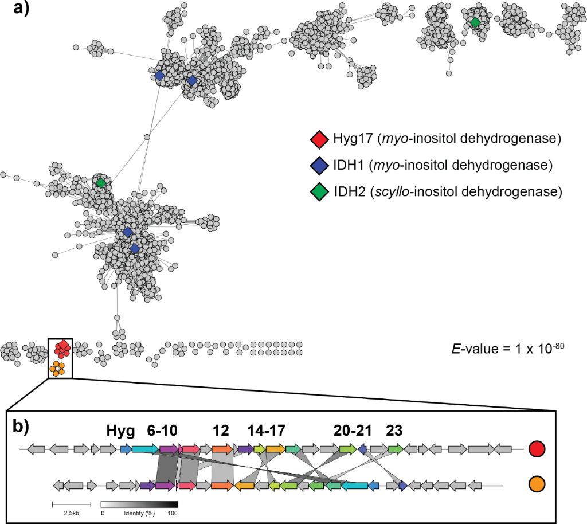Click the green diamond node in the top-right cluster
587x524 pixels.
click(475, 23)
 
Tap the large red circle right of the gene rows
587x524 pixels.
click(537, 449)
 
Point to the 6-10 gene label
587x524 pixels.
click(162, 431)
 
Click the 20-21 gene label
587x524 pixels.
click(352, 431)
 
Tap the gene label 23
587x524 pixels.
click(394, 431)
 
